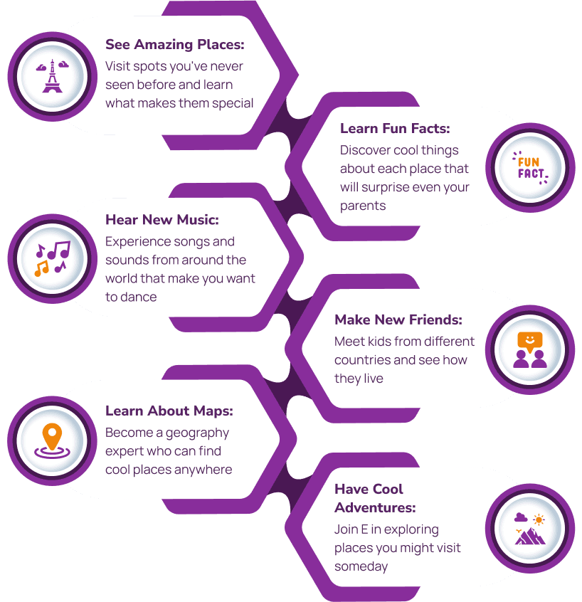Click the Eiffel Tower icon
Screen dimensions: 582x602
click(52, 76)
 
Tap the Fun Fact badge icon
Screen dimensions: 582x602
click(530, 168)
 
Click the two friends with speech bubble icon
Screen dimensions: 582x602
click(530, 350)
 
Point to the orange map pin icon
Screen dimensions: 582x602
click(52, 440)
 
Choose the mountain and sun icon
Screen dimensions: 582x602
click(530, 529)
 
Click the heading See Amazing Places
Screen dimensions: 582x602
click(175, 45)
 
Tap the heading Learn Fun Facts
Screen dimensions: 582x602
click(395, 128)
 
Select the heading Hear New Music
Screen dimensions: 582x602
click(162, 220)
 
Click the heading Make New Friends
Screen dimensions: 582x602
click(398, 320)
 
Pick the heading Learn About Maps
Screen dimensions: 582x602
click(169, 411)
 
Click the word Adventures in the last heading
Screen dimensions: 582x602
click(375, 507)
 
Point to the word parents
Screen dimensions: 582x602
click(363, 206)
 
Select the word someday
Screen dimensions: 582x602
click(361, 567)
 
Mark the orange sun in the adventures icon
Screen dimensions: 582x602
click(539, 520)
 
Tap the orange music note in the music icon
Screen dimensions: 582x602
click(41, 268)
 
